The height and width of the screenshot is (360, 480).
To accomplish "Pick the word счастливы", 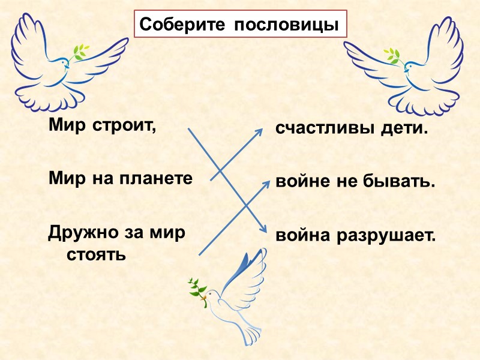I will (x=317, y=128).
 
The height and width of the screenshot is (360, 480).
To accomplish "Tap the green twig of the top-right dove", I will (x=393, y=55).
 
